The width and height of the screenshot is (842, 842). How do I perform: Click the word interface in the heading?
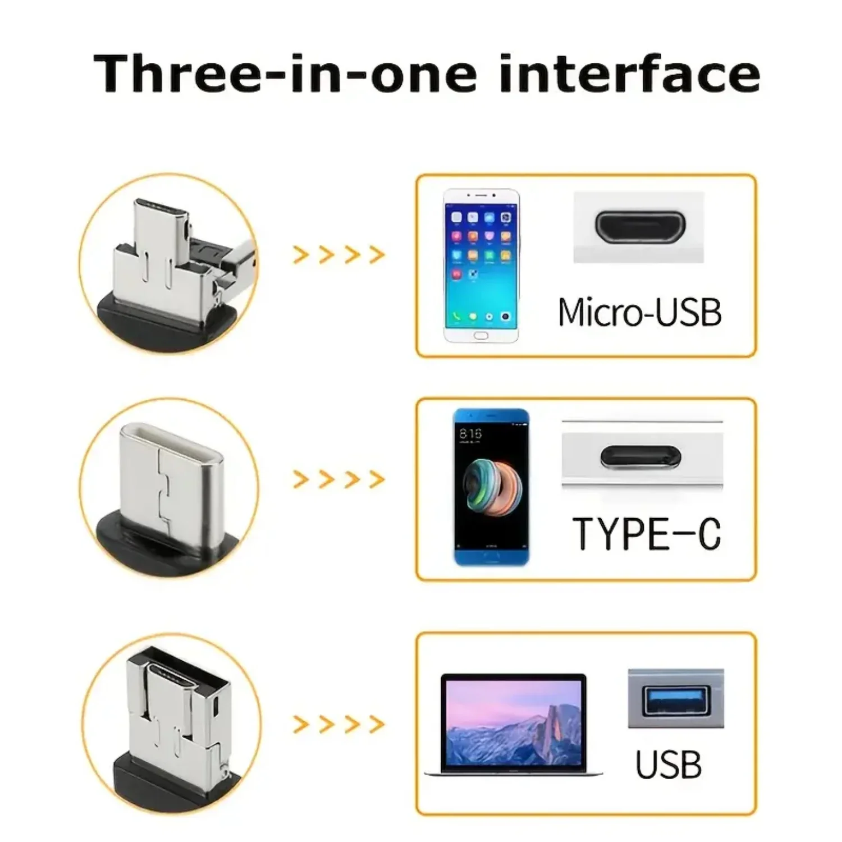coord(629,74)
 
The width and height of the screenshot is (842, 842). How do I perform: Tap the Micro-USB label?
coord(639,312)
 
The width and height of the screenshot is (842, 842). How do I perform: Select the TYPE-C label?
coord(646,534)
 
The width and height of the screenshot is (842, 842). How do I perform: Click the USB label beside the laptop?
coord(668,765)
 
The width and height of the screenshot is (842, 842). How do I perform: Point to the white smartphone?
coord(481,266)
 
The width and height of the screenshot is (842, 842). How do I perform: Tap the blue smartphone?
coord(491,487)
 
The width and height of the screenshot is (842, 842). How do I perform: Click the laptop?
coord(513,724)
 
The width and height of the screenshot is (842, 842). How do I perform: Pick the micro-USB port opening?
coord(640,225)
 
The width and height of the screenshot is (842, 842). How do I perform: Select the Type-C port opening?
coord(640,456)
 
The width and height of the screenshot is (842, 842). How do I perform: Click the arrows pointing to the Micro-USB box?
coord(339,255)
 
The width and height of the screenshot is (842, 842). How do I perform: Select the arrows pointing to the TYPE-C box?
coord(339,479)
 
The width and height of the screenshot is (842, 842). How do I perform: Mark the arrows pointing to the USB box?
coord(339,724)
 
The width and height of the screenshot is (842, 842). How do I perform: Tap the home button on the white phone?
coord(481,335)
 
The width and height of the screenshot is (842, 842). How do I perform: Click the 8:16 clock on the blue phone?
coord(470,433)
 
